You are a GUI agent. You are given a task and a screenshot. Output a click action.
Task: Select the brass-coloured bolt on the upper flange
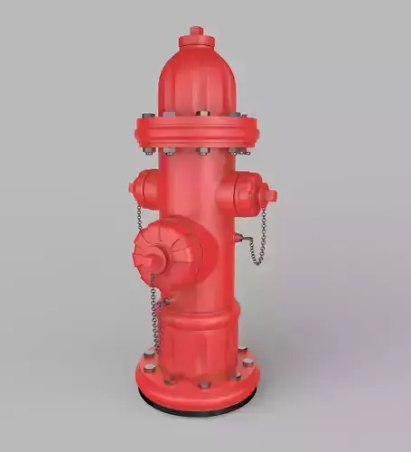coord(202,113)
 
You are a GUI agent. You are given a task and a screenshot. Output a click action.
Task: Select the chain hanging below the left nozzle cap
coord(139,217)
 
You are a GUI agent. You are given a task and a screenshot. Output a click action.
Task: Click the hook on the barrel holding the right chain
coord(238,239)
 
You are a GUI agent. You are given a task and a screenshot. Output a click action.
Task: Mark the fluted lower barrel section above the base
coord(199,339)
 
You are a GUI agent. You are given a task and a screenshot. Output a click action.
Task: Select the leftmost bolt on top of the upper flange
coord(148,116)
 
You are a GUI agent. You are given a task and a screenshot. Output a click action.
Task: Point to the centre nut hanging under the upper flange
coord(203,151)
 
